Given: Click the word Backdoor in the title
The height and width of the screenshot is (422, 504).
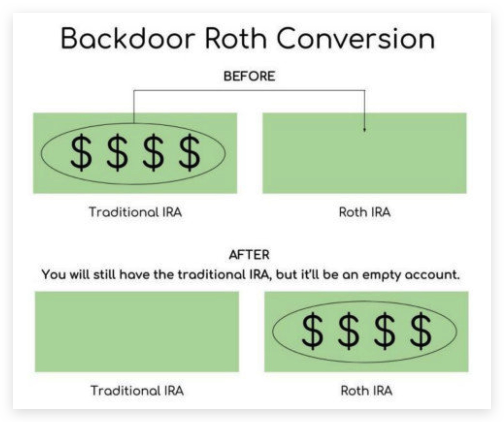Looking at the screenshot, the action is [x=128, y=38].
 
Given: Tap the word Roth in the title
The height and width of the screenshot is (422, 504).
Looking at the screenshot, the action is [x=236, y=38].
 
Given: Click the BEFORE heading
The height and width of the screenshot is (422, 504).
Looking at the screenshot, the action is [x=249, y=76].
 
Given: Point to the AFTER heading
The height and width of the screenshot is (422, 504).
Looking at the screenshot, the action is [x=249, y=255].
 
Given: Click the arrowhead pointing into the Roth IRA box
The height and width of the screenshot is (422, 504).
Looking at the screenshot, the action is [x=365, y=130].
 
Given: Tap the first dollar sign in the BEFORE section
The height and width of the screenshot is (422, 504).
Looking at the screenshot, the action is [x=81, y=153].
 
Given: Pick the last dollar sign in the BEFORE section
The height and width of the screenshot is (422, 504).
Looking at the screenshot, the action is [x=189, y=153].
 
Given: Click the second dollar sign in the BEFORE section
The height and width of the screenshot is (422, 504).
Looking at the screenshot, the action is [x=117, y=153].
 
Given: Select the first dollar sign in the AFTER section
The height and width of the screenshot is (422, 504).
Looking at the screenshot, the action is [x=312, y=331].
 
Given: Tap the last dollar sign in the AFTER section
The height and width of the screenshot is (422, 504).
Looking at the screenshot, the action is [x=421, y=331].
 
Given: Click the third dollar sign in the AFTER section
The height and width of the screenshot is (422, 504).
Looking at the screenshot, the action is [x=385, y=331].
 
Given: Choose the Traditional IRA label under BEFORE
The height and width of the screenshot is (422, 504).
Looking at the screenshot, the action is [x=136, y=212].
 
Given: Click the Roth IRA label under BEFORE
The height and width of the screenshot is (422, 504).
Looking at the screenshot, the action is [x=365, y=212].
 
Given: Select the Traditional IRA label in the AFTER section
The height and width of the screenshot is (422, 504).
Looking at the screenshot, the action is [x=137, y=391].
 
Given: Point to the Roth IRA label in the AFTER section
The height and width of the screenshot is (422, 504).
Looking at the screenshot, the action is [x=367, y=391].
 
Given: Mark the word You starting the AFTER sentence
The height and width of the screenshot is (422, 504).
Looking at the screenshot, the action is [x=54, y=275].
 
